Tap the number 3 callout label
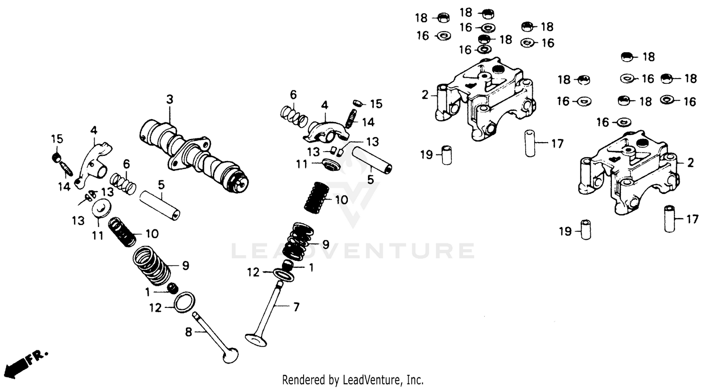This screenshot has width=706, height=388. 169,99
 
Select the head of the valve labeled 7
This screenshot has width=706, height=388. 257,338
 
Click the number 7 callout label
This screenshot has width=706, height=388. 296,307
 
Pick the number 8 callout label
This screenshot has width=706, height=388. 188,332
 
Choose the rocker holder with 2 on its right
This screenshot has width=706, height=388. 628,167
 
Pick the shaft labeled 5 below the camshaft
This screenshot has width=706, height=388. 160,205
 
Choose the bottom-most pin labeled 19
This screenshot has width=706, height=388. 586,230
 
